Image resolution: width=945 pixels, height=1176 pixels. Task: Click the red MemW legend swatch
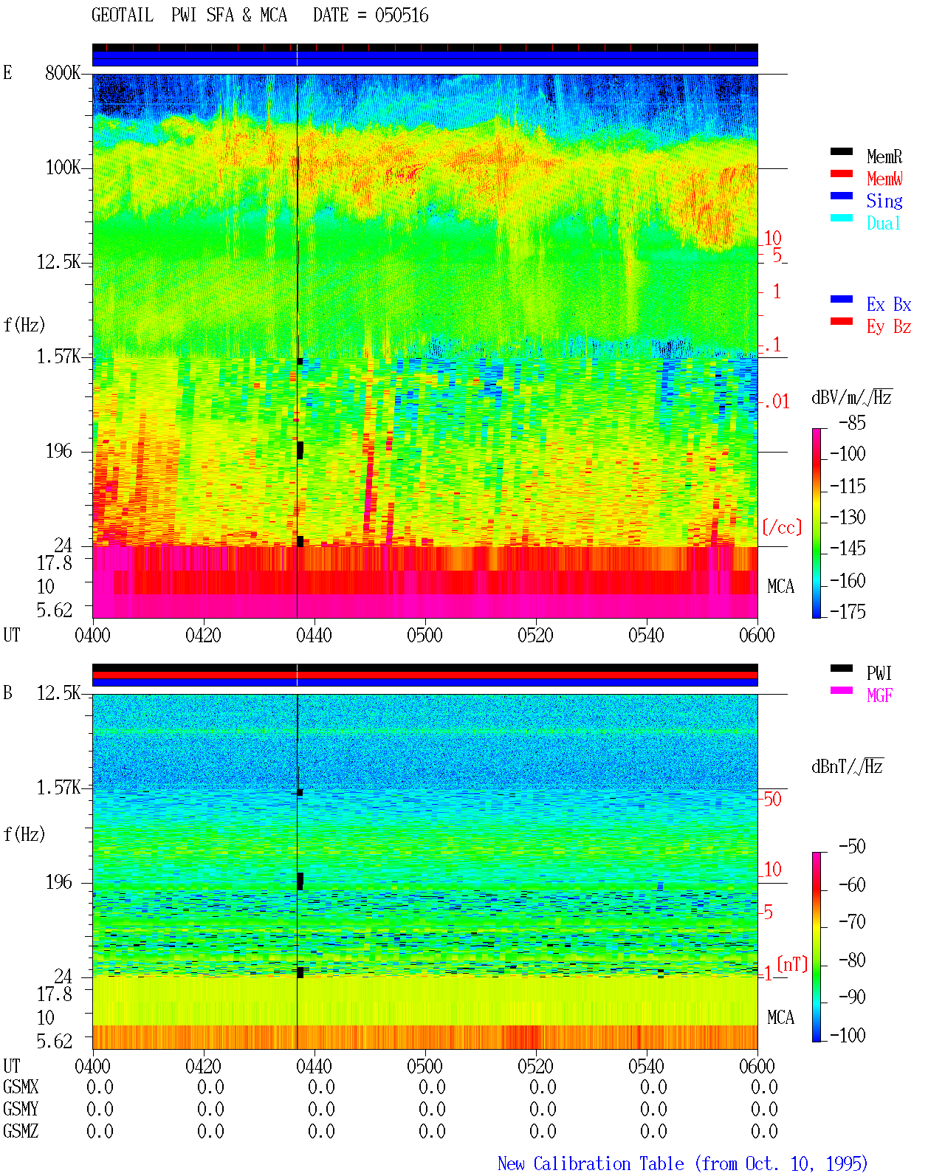tap(841, 173)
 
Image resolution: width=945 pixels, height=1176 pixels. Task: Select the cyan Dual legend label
tap(883, 223)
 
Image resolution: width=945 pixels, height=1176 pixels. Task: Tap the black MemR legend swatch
tap(841, 151)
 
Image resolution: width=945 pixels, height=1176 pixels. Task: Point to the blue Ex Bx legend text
tap(888, 304)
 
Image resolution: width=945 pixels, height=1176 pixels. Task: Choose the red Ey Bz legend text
tap(888, 326)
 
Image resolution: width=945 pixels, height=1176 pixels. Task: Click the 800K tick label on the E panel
tap(63, 72)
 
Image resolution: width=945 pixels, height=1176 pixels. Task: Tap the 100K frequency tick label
tap(63, 168)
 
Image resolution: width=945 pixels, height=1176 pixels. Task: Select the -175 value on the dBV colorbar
tap(848, 611)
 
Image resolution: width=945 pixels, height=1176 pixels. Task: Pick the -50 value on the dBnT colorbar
tap(852, 847)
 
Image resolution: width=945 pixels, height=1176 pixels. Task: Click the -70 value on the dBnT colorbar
tap(852, 921)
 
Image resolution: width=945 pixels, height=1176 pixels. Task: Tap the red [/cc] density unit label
tap(782, 527)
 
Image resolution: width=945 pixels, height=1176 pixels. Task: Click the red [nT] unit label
tap(792, 964)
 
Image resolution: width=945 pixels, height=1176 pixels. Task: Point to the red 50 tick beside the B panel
tap(772, 799)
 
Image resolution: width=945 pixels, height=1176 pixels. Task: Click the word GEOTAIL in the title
tap(123, 16)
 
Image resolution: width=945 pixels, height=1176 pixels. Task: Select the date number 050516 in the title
tap(402, 16)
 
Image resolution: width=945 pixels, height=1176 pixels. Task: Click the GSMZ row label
tap(21, 1131)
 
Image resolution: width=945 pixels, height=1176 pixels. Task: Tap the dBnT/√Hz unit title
tap(847, 766)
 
